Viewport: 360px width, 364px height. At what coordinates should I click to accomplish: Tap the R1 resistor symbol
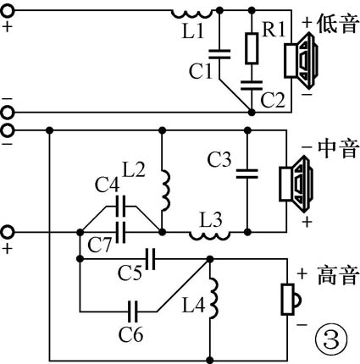251,49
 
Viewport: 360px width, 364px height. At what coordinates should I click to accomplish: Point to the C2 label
273,99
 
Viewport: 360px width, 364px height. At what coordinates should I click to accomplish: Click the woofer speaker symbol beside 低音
302,60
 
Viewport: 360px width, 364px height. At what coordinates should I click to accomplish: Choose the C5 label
130,273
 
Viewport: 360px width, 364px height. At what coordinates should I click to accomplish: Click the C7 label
102,245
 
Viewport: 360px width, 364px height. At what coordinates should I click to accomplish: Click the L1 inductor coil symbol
189,13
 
